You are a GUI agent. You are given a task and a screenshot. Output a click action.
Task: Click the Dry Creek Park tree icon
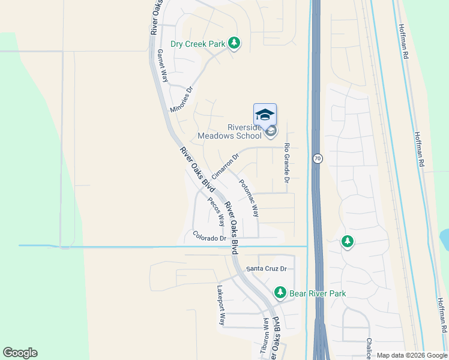(x=234, y=44)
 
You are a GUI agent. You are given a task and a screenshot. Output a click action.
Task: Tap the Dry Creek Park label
(x=197, y=44)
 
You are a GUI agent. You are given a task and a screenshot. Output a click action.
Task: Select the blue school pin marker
(x=265, y=114)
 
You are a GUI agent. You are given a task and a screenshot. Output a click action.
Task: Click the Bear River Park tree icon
(x=280, y=293)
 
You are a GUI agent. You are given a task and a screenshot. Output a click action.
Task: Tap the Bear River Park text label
(x=318, y=293)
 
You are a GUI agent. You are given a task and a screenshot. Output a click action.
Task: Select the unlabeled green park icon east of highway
(x=347, y=242)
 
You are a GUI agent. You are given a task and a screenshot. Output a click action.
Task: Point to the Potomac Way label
(x=249, y=198)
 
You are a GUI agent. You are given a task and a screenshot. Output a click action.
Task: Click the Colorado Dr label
(x=209, y=237)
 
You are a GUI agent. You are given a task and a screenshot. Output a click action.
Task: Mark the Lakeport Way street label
(x=221, y=305)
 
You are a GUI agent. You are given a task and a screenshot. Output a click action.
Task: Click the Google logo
(x=20, y=353)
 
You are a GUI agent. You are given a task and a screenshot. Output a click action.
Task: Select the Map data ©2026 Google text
(x=411, y=355)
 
